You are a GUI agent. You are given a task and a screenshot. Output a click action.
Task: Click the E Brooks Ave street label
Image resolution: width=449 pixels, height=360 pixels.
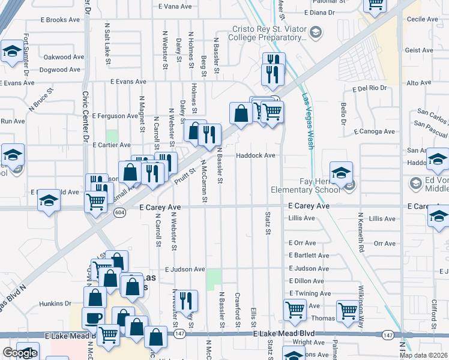point(60,20)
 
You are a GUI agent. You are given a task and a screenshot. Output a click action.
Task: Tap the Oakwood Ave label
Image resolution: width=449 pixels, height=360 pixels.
point(64,57)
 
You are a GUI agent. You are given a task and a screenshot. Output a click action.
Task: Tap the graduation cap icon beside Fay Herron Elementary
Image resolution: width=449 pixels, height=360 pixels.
point(340,173)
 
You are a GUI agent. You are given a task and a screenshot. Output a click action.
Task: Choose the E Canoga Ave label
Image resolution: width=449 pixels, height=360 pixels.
point(375,131)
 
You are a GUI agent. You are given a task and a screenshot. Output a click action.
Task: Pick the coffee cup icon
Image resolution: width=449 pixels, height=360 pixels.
point(93,317)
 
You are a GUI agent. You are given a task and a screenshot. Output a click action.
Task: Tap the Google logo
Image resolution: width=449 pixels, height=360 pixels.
point(20,353)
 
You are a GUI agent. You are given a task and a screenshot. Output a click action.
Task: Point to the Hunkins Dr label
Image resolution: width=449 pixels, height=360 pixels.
point(56,304)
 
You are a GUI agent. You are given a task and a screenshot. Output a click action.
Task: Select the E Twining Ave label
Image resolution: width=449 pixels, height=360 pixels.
point(310,293)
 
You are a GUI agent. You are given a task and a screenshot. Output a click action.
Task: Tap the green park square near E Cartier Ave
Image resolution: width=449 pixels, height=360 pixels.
point(112,136)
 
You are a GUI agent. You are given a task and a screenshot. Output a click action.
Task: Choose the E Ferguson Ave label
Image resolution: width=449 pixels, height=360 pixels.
point(115,116)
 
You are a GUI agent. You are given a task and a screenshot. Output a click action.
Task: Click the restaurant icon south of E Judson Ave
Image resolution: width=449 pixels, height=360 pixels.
point(185,299)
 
